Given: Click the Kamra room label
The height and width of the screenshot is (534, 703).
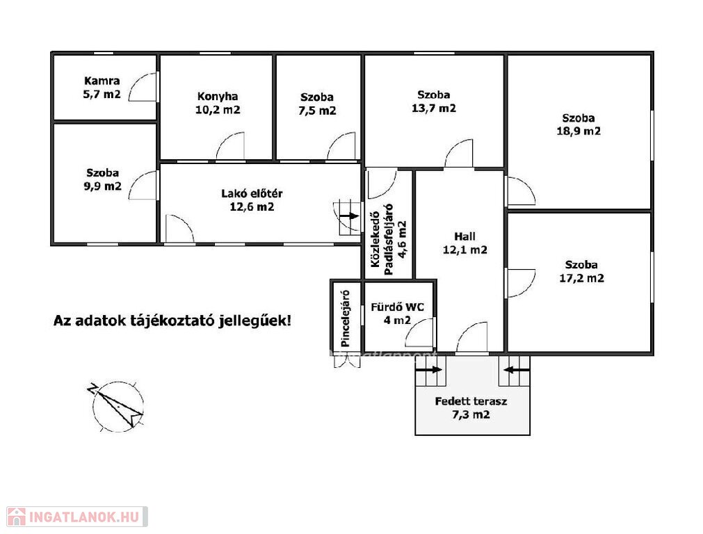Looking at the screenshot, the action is click(x=102, y=81).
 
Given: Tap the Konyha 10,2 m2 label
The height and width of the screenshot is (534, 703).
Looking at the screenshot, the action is click(x=218, y=103).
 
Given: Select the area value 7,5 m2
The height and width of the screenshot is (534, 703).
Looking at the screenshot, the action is click(x=317, y=111).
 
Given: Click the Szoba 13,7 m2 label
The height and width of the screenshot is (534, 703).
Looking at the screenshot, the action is click(x=434, y=102).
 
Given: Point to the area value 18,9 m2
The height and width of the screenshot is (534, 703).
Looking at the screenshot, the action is click(x=579, y=131).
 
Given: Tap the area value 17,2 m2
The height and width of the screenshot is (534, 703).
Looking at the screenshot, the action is click(x=582, y=278).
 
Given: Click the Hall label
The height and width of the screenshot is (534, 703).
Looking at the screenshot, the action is click(x=465, y=236).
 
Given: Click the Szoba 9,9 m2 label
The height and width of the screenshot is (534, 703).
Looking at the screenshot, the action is click(x=103, y=179).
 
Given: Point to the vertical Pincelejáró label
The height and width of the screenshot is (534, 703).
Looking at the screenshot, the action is click(x=345, y=318).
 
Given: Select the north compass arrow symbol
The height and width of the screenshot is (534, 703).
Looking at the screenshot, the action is click(x=116, y=405).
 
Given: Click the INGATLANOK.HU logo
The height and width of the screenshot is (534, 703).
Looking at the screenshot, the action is click(x=77, y=517).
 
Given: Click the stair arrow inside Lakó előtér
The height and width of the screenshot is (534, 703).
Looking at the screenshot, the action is click(x=349, y=216).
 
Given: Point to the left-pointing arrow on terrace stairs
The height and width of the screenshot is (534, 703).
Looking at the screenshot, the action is click(x=517, y=370).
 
